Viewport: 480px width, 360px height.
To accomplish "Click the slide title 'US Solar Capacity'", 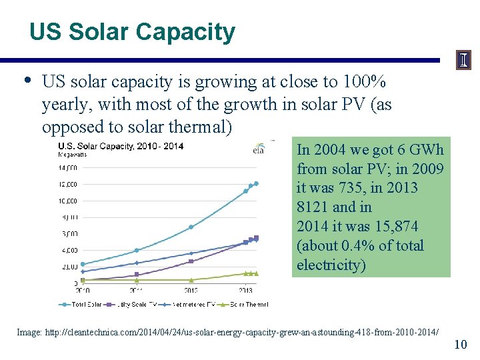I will click(x=132, y=32).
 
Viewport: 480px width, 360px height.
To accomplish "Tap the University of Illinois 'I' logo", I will click(x=464, y=61).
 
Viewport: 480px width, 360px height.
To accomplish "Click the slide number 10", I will click(x=460, y=344).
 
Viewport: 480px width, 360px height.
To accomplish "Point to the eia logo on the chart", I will click(x=264, y=148).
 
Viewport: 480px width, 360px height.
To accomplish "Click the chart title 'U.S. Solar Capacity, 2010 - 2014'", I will click(x=121, y=146).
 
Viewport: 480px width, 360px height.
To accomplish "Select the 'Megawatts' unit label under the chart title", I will click(x=73, y=155).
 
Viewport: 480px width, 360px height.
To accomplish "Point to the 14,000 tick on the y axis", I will click(x=69, y=167).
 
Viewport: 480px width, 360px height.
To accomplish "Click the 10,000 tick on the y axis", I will click(x=69, y=201).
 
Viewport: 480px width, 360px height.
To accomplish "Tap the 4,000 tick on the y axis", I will click(x=69, y=250).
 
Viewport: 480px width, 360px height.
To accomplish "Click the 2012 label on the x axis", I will click(x=191, y=291).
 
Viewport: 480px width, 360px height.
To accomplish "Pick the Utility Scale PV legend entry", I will click(x=133, y=305).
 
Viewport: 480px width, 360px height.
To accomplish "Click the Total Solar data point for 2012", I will click(x=191, y=227).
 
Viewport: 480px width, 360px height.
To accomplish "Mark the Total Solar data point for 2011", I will click(x=137, y=251).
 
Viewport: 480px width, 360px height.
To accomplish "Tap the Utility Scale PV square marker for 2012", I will click(x=191, y=261).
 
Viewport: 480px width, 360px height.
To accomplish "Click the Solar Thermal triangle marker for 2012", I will click(x=191, y=280).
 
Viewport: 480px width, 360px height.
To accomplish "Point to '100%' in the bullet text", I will click(x=363, y=82).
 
